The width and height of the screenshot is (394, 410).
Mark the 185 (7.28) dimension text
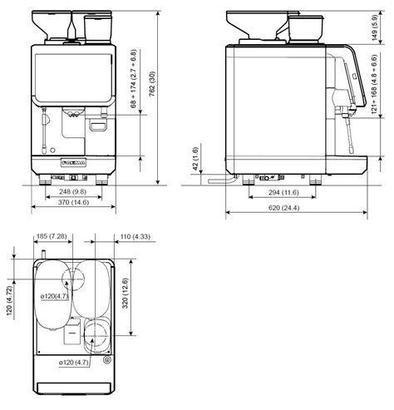coord(52,238)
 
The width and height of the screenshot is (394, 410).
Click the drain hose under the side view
coord(221,178)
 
